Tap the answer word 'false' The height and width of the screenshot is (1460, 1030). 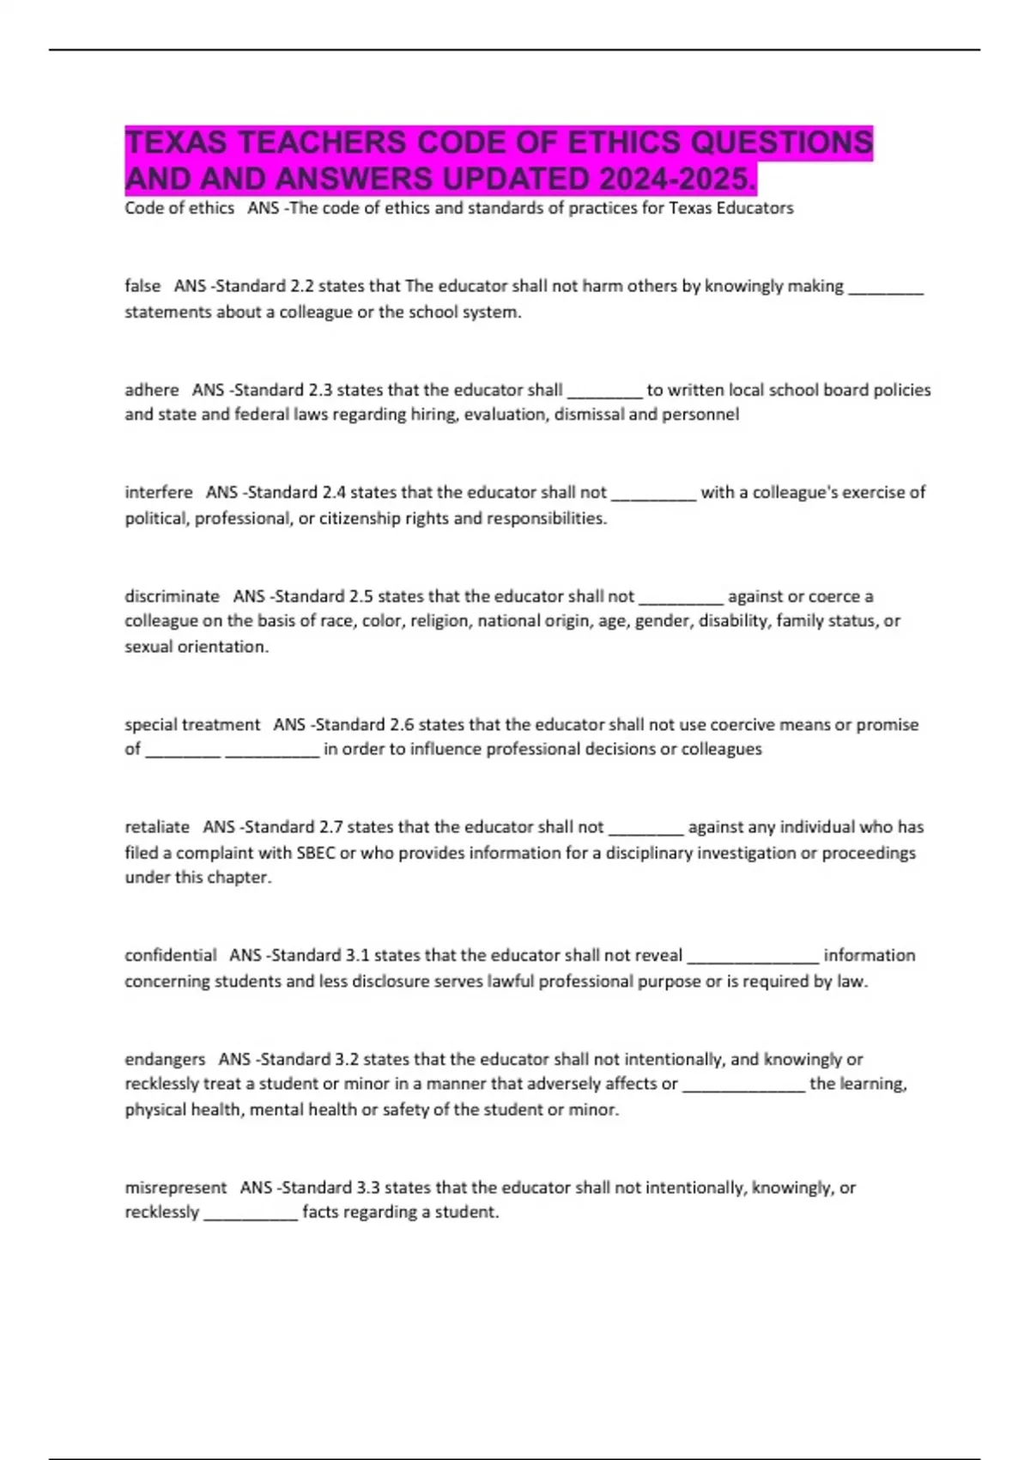tap(142, 286)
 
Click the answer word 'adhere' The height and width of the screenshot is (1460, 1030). tap(152, 390)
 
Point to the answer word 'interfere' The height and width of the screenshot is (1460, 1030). tap(159, 492)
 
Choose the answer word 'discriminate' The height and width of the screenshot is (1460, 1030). tap(172, 596)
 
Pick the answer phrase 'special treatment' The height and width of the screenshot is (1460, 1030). tap(192, 725)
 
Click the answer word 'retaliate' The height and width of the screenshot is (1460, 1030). tap(157, 827)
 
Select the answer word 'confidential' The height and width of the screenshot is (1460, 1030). tap(171, 955)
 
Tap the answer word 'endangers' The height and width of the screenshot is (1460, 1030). tap(165, 1059)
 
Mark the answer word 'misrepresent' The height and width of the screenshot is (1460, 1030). tap(176, 1188)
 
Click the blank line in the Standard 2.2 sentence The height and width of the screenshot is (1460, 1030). tap(886, 290)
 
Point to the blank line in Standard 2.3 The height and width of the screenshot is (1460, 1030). tap(604, 394)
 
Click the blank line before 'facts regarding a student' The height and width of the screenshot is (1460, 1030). tap(251, 1216)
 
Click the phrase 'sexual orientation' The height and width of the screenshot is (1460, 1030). tap(195, 647)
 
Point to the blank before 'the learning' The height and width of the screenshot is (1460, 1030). tap(743, 1088)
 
